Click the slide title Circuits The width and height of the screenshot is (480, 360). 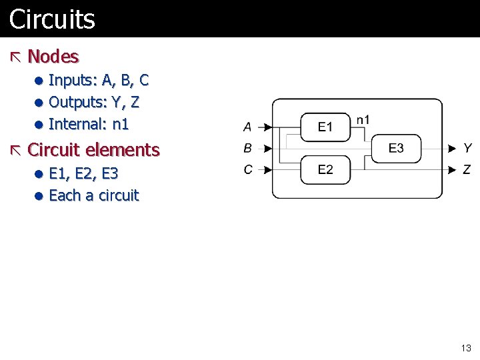52,19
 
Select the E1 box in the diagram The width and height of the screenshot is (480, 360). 325,127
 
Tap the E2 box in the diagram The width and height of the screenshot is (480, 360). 325,169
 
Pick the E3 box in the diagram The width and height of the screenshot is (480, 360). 396,148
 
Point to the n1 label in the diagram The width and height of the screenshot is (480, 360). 363,120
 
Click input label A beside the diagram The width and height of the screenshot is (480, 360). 247,127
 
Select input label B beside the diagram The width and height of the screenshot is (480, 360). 247,148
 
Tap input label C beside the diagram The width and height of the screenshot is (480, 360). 247,169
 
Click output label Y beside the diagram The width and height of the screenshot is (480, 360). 468,148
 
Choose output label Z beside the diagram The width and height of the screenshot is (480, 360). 468,169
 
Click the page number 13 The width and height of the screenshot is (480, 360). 466,348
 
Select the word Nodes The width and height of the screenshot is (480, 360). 53,57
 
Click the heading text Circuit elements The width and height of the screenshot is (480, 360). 93,149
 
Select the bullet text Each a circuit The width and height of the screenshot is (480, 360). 93,195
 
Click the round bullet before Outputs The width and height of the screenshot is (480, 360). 40,103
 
